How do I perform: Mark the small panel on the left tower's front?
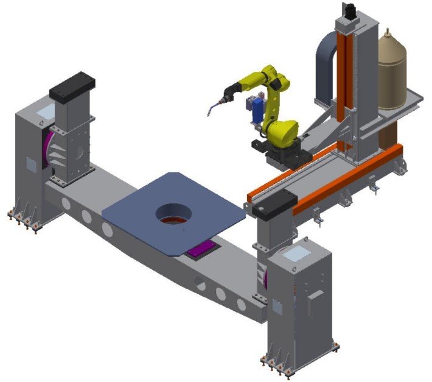pos(27,164)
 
